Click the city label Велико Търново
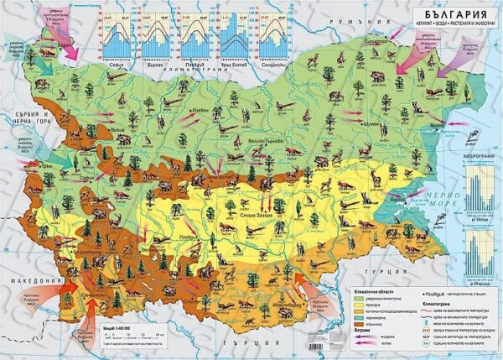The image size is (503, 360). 256,143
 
